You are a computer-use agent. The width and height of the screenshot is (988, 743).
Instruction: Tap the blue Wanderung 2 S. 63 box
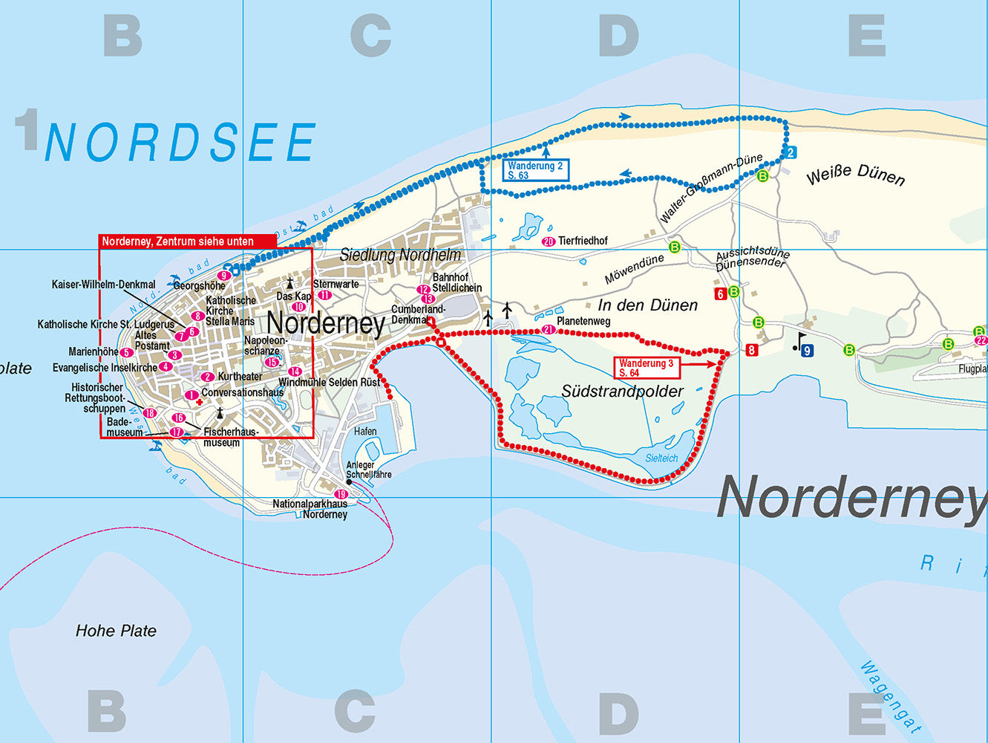click(536, 170)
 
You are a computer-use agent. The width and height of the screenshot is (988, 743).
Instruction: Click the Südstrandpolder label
click(622, 391)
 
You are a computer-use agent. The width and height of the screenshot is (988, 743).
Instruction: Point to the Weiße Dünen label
click(855, 176)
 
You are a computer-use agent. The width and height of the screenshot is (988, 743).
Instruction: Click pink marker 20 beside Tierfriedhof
click(549, 241)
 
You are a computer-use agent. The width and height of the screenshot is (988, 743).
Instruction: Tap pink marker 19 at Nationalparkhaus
click(341, 494)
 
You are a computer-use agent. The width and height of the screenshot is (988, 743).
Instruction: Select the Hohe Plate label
click(116, 631)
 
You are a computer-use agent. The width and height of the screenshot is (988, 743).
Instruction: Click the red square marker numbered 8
click(752, 350)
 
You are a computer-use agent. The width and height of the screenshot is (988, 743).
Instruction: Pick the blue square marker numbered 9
click(807, 350)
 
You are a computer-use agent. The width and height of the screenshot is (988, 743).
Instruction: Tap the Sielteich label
click(661, 458)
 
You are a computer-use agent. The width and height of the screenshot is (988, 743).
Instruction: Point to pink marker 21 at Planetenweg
click(549, 329)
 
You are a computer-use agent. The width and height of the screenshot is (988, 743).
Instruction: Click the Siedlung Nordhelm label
click(400, 255)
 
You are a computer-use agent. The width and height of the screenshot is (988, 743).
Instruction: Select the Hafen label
click(365, 431)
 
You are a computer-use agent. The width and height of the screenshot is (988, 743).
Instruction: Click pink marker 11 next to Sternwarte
click(324, 295)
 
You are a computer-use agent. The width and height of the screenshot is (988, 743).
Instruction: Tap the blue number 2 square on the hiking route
click(791, 153)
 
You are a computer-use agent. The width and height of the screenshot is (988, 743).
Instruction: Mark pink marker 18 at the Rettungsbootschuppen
click(150, 413)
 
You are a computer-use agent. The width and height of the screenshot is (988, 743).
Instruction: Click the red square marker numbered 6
click(719, 293)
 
